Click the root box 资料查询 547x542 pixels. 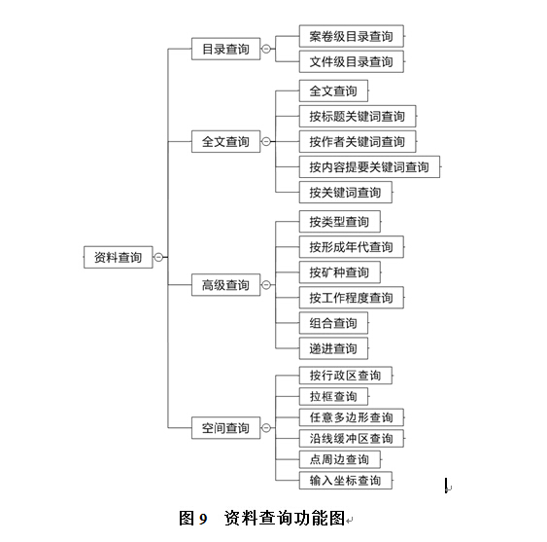(x=119, y=257)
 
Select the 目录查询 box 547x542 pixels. (x=225, y=49)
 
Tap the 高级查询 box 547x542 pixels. (x=225, y=285)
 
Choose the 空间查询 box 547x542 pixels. (x=225, y=428)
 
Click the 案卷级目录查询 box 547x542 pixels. (x=352, y=36)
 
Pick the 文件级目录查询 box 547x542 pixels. (x=352, y=61)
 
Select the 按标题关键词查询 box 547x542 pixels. (x=358, y=116)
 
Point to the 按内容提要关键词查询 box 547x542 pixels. (x=369, y=167)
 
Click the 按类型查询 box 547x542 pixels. (x=340, y=222)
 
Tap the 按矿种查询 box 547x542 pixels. (x=340, y=272)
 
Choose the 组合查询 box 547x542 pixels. (x=333, y=323)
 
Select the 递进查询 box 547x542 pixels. (x=333, y=348)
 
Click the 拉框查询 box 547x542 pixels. (x=333, y=397)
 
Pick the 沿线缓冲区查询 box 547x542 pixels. (x=352, y=438)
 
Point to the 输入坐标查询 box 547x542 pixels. (x=346, y=480)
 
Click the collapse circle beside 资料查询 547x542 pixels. (x=158, y=257)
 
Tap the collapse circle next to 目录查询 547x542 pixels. (x=266, y=49)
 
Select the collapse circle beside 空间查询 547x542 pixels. (x=266, y=428)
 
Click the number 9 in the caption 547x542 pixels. (x=203, y=519)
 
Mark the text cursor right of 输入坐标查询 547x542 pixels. (x=446, y=486)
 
